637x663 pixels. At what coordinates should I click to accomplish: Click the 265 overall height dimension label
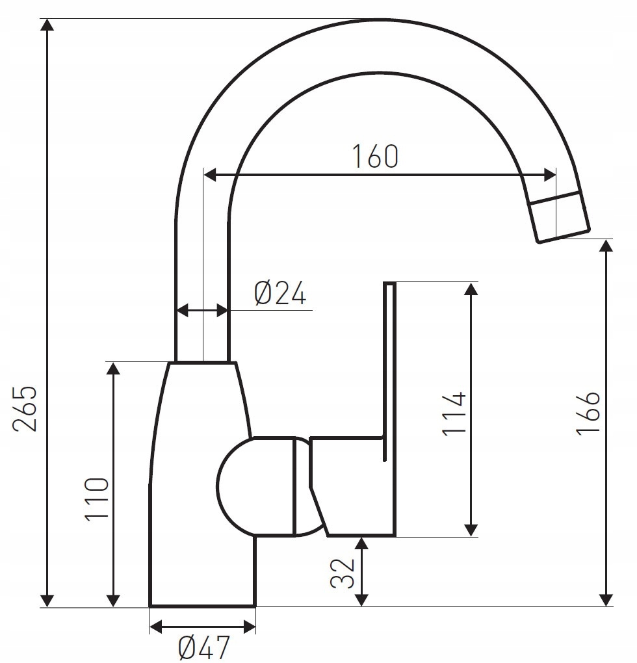[x=25, y=408]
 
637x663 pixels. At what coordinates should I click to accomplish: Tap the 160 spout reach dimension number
[x=375, y=156]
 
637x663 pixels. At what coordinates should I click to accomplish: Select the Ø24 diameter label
[x=280, y=293]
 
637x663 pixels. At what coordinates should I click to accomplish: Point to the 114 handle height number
[x=454, y=413]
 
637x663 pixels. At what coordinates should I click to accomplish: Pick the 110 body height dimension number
[x=97, y=499]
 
